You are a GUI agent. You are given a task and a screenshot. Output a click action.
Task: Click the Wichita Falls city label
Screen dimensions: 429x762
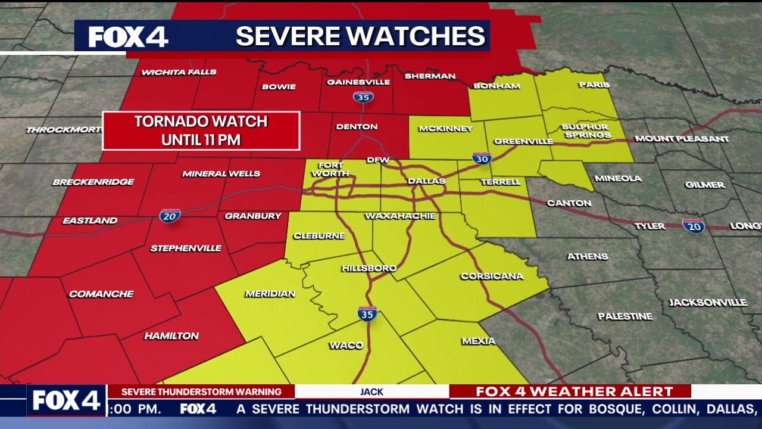[x=170, y=73]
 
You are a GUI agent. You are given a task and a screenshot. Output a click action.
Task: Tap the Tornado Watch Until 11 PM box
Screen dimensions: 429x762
[x=201, y=130]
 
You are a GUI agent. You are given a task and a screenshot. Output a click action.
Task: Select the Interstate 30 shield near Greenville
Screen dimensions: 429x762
[x=482, y=158]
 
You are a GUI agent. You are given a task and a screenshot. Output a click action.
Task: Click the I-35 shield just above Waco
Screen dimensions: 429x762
[x=367, y=313]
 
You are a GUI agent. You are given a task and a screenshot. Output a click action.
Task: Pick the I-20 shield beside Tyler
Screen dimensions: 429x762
[x=693, y=225]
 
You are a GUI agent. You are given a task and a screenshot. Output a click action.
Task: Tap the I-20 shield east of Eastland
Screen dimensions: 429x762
[x=170, y=215]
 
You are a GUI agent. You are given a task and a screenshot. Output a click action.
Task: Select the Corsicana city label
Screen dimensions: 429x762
[x=492, y=276]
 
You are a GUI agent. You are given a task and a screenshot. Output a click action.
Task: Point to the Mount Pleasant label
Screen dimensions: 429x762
[x=682, y=139]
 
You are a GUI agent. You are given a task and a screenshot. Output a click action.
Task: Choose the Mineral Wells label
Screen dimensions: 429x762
[x=221, y=173]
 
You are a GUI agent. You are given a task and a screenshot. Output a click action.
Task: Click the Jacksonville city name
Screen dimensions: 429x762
[x=708, y=303]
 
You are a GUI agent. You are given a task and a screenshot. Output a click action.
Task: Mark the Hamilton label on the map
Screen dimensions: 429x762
[x=171, y=336]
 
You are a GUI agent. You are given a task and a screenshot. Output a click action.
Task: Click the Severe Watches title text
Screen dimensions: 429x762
[x=360, y=36]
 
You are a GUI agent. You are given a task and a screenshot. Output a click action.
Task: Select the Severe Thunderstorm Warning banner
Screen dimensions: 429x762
[x=201, y=391]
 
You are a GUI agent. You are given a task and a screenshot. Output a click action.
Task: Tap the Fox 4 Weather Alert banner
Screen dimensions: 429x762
[x=574, y=391]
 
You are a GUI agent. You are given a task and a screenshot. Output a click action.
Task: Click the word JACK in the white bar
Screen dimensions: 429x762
[x=371, y=391]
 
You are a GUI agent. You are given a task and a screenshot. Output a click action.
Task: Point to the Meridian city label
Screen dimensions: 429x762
[x=270, y=294]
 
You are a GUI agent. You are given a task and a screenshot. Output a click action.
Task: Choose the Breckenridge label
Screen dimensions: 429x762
[x=93, y=182]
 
